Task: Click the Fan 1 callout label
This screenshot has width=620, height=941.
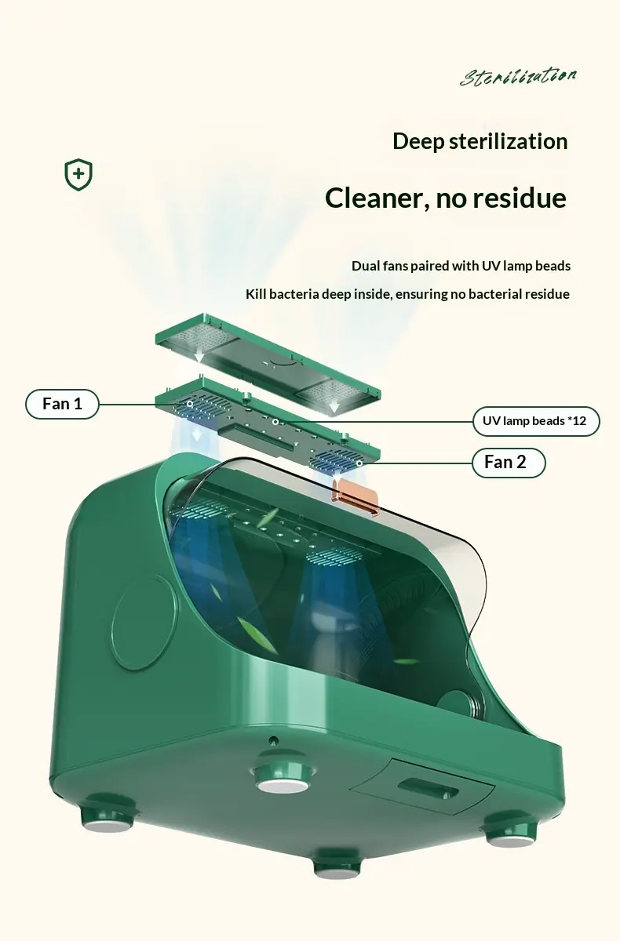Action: (62, 404)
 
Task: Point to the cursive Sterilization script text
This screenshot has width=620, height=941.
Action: (518, 77)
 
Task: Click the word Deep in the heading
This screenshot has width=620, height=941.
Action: (418, 142)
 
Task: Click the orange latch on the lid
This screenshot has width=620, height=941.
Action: (357, 498)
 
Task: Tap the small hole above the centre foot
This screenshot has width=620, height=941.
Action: (273, 739)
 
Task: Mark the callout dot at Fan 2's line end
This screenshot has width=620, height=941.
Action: (359, 463)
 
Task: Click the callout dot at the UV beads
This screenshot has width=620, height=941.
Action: (275, 422)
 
